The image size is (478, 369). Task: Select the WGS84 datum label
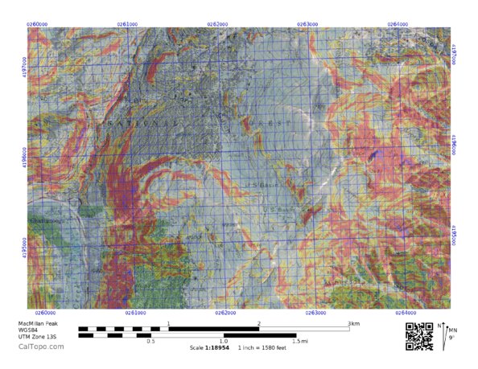coord(30,330)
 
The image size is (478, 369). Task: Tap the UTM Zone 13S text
coord(36,337)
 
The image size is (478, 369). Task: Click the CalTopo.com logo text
coord(36,346)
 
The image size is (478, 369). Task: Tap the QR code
coord(418,335)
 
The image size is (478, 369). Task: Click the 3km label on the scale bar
coord(353,323)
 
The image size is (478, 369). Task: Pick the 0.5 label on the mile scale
coord(150,341)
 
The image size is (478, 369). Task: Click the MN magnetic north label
coord(452,330)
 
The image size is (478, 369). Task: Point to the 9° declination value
coord(451,338)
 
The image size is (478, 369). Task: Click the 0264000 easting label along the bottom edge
coord(405,313)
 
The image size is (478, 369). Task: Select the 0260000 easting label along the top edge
coord(37,24)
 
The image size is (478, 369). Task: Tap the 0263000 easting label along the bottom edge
coord(315,313)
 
